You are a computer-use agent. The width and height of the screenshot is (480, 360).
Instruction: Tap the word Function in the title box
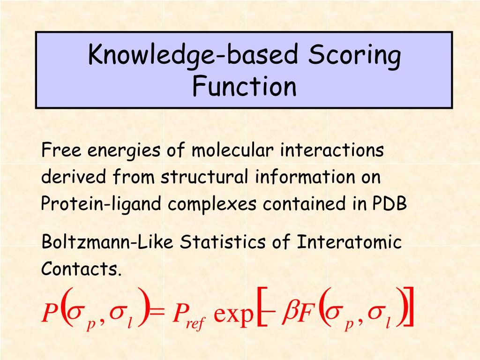tap(244, 86)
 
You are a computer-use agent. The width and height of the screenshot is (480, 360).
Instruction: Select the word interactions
tap(332, 151)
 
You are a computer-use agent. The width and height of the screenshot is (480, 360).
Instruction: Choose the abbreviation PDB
tap(390, 204)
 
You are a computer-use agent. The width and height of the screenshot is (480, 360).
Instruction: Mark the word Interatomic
tap(350, 242)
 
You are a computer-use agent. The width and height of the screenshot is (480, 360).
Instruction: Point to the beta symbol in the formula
tap(289, 312)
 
